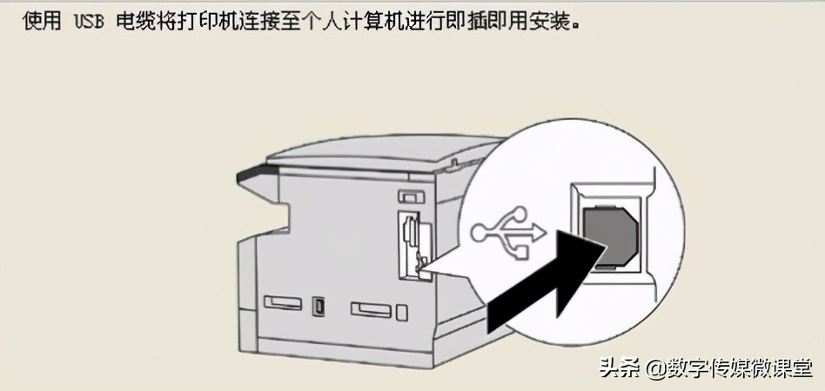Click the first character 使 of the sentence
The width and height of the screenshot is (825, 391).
33,20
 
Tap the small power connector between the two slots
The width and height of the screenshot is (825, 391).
319,307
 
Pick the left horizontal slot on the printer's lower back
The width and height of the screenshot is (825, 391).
282,304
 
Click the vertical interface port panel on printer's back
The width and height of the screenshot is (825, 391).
409,244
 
